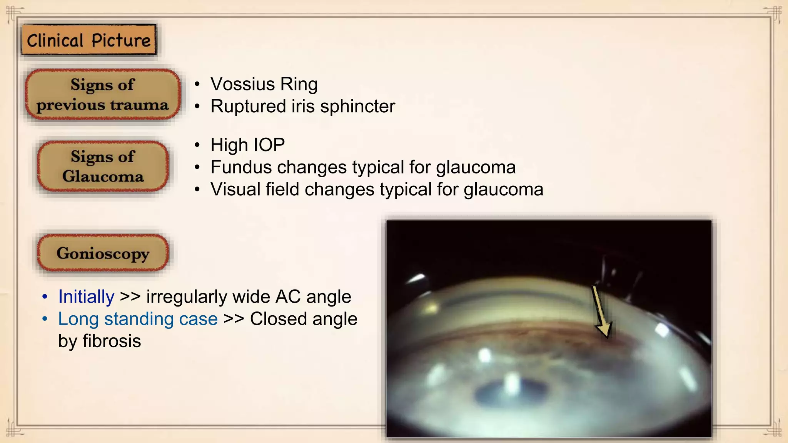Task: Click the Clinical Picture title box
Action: coord(88,40)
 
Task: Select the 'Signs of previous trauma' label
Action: coord(102,95)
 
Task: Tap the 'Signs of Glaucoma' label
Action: coord(103,166)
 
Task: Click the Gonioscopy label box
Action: coord(103,253)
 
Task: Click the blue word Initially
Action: coord(86,297)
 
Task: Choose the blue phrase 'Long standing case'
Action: coord(138,319)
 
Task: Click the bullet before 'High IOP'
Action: coord(197,145)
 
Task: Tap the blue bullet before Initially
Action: coord(45,297)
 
